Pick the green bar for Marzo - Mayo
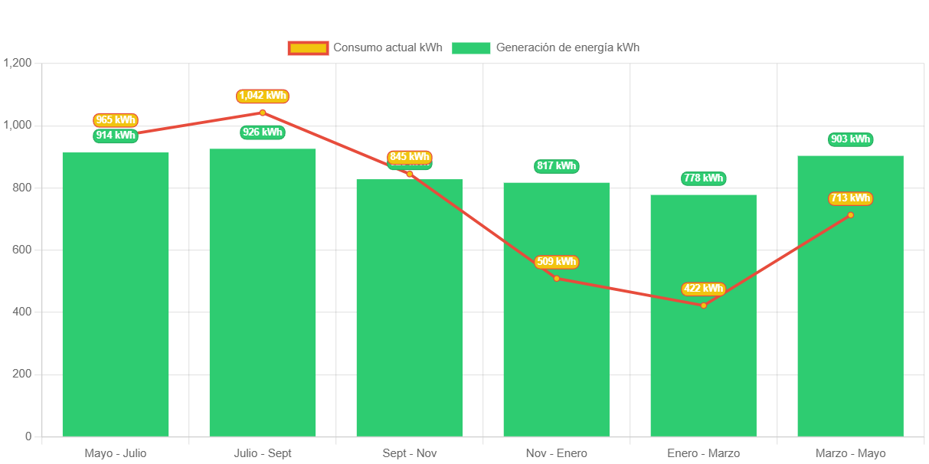tap(850, 322)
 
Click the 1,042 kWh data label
tap(263, 96)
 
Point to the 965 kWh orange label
tap(116, 120)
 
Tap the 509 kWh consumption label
tap(556, 262)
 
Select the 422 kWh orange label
tap(703, 289)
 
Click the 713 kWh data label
tap(850, 198)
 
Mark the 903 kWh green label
tap(850, 139)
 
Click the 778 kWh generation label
tap(703, 178)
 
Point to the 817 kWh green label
tap(556, 166)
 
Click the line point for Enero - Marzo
tap(703, 306)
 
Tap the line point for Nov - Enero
tap(556, 278)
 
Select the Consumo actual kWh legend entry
tap(365, 47)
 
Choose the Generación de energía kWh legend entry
tap(545, 47)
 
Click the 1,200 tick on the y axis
tap(17, 63)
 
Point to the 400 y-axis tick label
tap(21, 312)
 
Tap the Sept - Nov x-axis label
tap(409, 453)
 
